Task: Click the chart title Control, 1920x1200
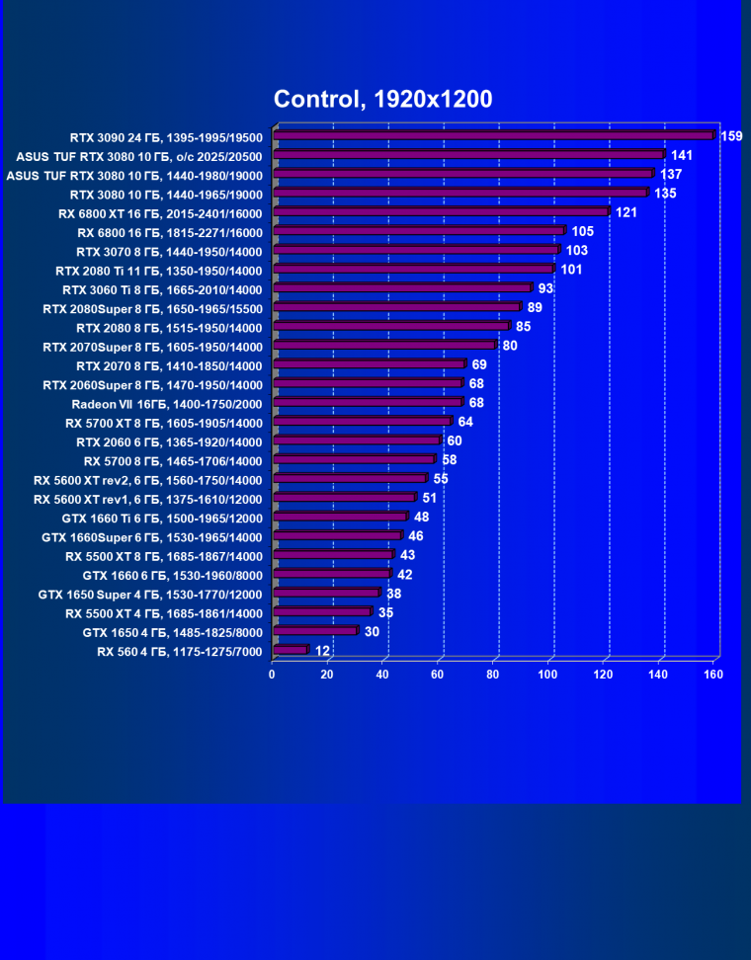(382, 99)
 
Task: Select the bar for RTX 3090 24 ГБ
(493, 136)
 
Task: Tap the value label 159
(731, 136)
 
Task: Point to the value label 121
(626, 212)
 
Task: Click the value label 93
(546, 288)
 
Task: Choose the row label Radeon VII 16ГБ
(167, 404)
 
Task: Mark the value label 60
(455, 440)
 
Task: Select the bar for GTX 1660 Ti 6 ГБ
(340, 517)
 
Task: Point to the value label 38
(393, 595)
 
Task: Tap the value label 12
(322, 651)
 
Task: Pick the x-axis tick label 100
(548, 675)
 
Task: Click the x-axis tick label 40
(382, 675)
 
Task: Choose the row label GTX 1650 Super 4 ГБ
(150, 595)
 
